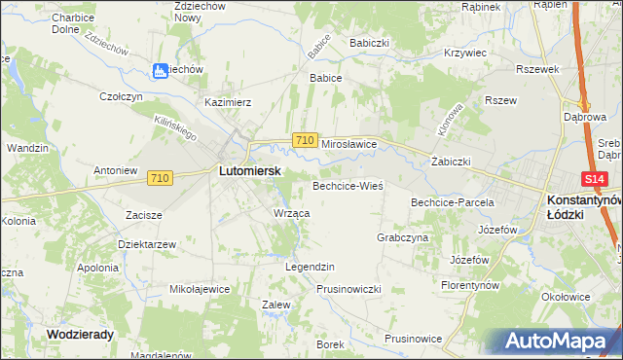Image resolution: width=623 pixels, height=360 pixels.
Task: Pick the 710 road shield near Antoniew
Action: [x=162, y=178]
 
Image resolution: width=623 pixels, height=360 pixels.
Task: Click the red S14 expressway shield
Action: [x=596, y=180]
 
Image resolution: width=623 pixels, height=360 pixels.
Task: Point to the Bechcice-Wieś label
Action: [x=348, y=185]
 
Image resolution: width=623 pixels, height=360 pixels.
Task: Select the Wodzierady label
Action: [x=81, y=334]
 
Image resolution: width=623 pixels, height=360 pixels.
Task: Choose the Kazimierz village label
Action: [x=229, y=101]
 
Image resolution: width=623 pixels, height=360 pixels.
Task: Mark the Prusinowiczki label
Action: [x=348, y=289]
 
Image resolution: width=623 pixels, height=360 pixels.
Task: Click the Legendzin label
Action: [x=310, y=267]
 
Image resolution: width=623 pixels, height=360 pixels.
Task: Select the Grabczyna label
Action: [x=402, y=237]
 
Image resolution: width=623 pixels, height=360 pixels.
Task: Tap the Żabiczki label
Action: [x=451, y=162]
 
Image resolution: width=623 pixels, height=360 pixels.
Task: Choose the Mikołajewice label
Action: [x=200, y=289]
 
